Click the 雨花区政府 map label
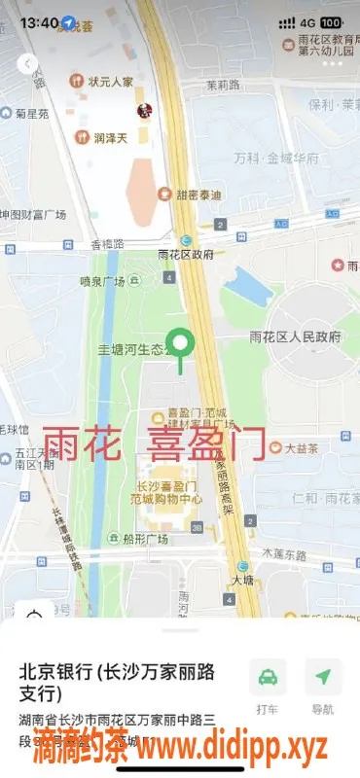coord(185,255)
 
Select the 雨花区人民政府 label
coord(296,337)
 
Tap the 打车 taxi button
coord(268,685)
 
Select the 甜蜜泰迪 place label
coord(198,194)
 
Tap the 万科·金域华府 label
coord(276,157)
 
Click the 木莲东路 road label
coord(284,553)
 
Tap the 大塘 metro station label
coord(242,580)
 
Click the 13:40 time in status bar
coord(39,21)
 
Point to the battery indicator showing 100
coord(331,21)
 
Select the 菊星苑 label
coord(30,114)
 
